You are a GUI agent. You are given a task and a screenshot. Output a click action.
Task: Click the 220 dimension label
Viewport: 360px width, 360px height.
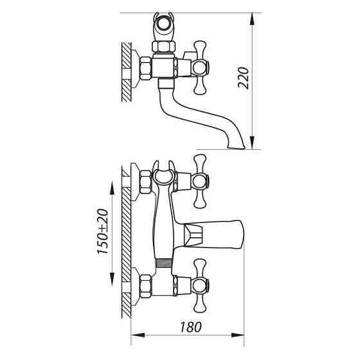[244, 78]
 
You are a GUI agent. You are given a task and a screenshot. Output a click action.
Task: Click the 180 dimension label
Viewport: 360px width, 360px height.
[191, 327]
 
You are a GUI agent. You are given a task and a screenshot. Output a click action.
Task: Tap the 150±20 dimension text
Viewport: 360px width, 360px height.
[103, 231]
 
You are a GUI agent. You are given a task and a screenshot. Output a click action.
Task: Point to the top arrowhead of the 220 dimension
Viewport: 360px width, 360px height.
[252, 19]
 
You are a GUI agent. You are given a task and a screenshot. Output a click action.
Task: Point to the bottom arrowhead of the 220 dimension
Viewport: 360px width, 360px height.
[252, 142]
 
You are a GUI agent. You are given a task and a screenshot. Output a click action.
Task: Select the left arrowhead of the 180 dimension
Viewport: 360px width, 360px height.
[138, 335]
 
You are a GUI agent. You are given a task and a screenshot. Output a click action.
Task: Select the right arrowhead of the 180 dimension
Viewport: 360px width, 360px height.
[237, 335]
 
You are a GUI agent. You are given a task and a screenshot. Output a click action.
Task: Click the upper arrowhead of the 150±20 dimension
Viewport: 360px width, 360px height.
[112, 188]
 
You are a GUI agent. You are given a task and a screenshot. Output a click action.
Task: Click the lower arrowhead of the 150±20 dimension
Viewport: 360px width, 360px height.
[112, 279]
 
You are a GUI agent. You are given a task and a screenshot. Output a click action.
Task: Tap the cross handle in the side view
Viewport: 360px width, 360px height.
[200, 67]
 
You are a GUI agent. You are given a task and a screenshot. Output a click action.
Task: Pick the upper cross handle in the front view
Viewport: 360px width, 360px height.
[200, 181]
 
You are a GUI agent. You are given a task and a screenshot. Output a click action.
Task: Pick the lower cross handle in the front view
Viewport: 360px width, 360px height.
[200, 286]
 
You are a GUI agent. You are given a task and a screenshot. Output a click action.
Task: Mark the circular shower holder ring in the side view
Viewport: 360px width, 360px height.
[163, 24]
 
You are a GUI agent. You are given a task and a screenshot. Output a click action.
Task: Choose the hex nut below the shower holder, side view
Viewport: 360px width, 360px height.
[163, 46]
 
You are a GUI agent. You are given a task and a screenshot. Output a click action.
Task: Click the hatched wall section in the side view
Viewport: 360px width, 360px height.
[126, 72]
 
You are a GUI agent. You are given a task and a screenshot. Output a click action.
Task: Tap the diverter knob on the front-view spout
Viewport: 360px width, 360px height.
[194, 236]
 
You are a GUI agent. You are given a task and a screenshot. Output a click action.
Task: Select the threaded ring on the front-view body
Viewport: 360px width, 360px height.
[164, 263]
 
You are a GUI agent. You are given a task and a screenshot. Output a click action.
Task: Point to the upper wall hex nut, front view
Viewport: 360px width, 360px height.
[146, 182]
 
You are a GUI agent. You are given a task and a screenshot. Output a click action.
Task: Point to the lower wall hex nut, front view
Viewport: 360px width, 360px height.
[146, 287]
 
